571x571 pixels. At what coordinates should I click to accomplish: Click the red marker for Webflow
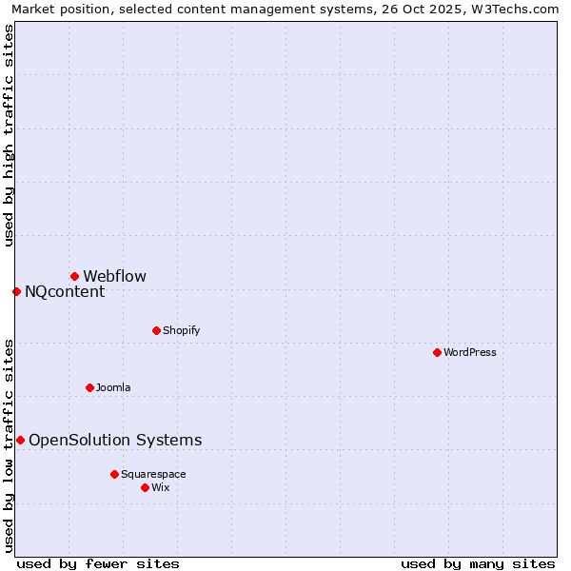coord(74,276)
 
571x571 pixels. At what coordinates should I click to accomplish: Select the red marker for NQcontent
coord(16,291)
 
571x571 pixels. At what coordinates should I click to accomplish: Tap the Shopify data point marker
coord(156,330)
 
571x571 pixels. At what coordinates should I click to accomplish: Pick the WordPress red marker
coord(437,352)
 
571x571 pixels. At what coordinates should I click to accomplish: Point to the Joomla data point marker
coord(89,387)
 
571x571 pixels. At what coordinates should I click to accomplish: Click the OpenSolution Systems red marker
coord(20,440)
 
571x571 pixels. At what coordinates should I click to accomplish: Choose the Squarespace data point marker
coord(114,474)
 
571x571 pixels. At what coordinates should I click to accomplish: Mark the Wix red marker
coord(145,487)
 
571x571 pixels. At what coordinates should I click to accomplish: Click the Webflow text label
coord(114,277)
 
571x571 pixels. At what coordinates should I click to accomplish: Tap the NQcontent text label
coord(65,292)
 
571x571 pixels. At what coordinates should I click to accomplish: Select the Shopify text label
coord(181,331)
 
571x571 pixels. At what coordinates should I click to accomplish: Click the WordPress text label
coord(469,353)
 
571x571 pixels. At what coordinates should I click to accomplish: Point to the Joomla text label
coord(113,388)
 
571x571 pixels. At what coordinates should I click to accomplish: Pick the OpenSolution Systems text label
coord(115,441)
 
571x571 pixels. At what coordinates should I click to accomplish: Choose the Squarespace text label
coord(153,475)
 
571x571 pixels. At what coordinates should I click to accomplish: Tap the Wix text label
coord(160,488)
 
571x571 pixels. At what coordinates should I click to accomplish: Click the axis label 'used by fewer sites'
coord(98,563)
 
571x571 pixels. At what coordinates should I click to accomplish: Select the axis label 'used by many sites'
coord(478,563)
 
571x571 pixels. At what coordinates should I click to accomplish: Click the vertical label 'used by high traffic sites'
coord(9,135)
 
